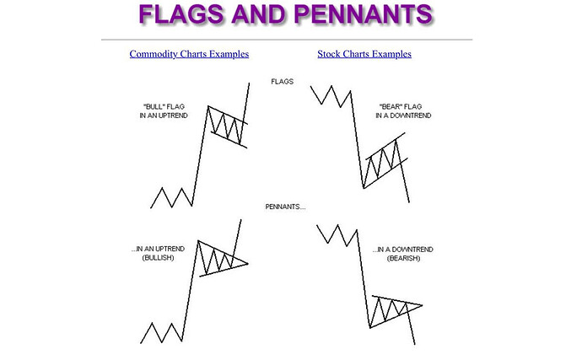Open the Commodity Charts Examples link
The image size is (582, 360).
189,54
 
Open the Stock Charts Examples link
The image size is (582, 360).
364,54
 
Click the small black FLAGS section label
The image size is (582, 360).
282,81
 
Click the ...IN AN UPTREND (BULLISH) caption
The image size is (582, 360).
158,253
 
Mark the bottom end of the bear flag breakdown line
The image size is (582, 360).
409,201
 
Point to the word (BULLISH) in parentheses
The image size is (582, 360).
158,258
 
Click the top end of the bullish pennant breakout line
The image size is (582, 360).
241,220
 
